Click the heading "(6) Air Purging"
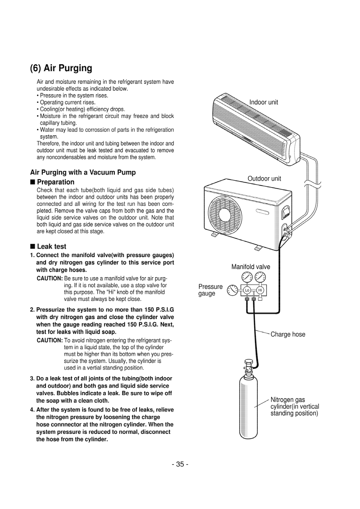[x=61, y=68]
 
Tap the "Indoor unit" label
[x=263, y=102]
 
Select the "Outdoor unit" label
[x=264, y=178]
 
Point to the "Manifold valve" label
[x=251, y=267]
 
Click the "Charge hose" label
[x=288, y=334]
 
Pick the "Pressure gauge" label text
[x=210, y=290]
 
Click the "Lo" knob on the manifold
[x=247, y=290]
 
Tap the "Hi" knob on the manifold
[x=260, y=290]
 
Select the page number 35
[x=180, y=464]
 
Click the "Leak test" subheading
[x=52, y=247]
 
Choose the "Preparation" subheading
[x=56, y=182]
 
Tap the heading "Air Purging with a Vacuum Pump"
[x=83, y=172]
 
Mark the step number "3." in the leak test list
[x=32, y=379]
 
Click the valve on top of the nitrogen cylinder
[x=248, y=366]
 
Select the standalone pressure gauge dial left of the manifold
[x=233, y=290]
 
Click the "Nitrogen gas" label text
[x=287, y=400]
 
